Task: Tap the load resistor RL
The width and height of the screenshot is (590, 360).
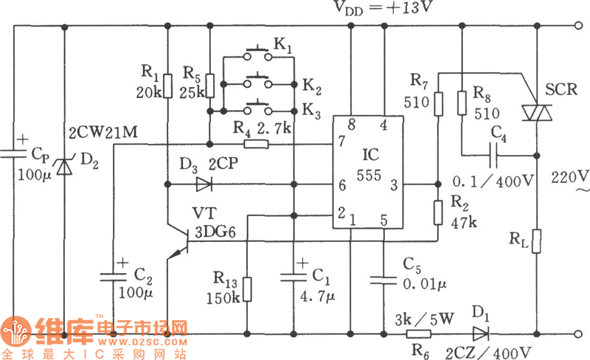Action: (x=536, y=240)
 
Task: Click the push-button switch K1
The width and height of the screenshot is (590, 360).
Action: (x=256, y=52)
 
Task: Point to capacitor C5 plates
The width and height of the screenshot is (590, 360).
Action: (x=383, y=279)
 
